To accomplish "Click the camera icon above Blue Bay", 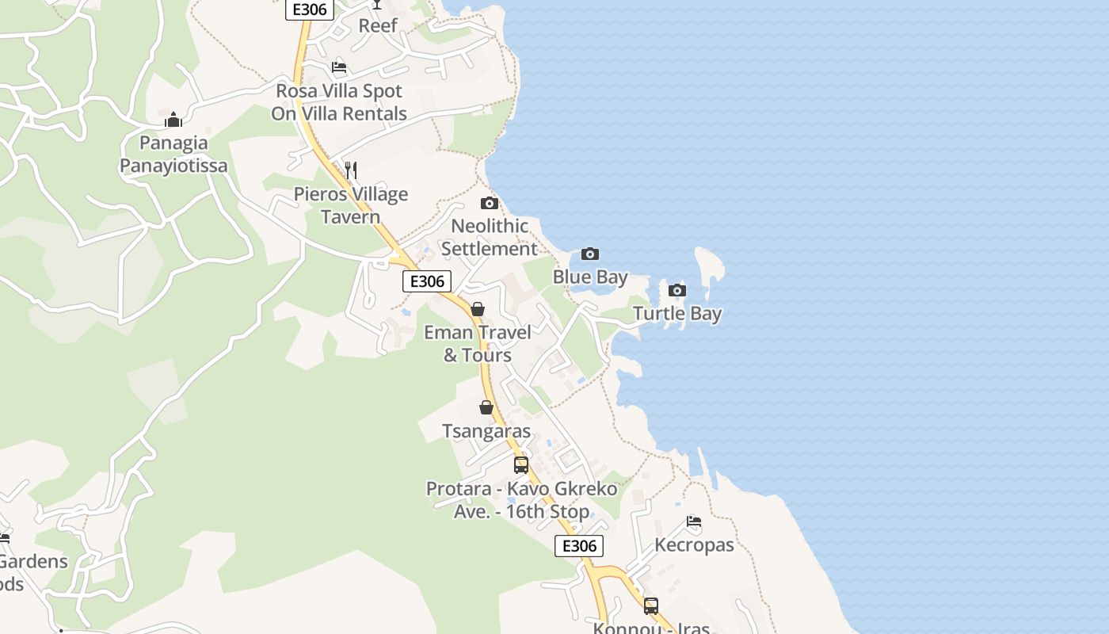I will point(589,254).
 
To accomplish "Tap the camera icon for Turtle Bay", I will point(677,290).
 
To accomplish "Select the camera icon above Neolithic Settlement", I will point(490,204).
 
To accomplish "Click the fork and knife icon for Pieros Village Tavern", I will point(351,170).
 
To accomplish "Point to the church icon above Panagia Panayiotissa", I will point(173,120).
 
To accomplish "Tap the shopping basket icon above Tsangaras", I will point(486,408).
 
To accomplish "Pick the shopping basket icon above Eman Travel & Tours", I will point(478,309).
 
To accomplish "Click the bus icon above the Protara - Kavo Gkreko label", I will point(521,465).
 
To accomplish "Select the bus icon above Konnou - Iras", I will point(651,606).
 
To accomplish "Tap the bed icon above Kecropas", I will point(694,521).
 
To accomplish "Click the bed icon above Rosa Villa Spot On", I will point(339,67).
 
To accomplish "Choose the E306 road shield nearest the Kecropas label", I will point(579,545).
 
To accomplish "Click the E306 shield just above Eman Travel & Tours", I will point(427,281).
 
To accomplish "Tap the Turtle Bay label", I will point(677,314).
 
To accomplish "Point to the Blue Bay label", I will point(590,277).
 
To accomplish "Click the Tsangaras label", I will point(486,432).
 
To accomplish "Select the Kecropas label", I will point(694,545).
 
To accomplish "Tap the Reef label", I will point(378,25).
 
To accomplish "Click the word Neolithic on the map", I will point(490,227).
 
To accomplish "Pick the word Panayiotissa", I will point(173,166).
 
